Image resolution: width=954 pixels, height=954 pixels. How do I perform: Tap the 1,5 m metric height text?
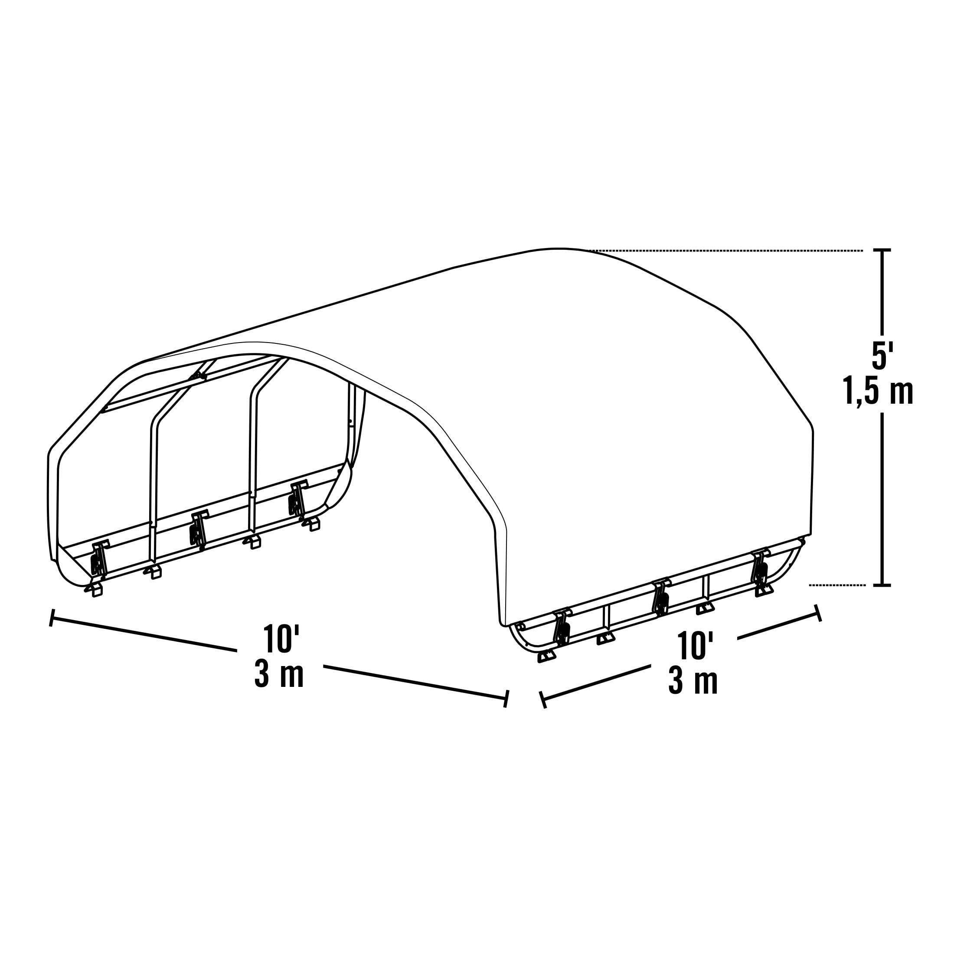tap(878, 391)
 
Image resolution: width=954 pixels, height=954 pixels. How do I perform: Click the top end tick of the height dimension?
tap(882, 250)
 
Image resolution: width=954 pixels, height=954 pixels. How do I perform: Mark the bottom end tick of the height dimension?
tap(882, 585)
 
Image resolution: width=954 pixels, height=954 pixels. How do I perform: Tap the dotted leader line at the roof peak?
tap(726, 251)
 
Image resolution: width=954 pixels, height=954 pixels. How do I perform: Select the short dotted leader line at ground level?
tap(837, 585)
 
